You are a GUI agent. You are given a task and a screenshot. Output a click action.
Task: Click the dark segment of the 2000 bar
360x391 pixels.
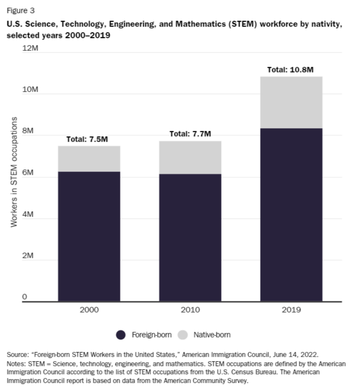(x=89, y=236)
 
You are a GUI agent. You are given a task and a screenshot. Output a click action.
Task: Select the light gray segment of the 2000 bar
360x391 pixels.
(x=89, y=159)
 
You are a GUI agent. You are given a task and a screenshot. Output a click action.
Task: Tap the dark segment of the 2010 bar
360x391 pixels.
(x=190, y=237)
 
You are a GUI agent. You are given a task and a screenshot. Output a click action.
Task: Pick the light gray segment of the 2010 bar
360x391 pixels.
(x=190, y=157)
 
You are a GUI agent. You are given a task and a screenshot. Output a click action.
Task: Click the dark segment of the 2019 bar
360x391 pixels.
(x=291, y=215)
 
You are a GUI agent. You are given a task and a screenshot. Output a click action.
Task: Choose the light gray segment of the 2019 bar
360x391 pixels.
(x=291, y=102)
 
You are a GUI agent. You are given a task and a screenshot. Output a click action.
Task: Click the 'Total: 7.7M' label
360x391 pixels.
(x=190, y=134)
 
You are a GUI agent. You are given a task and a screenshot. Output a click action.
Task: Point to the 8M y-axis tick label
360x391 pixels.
(x=28, y=131)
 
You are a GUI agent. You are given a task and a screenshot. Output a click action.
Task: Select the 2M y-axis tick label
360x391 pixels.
(x=28, y=255)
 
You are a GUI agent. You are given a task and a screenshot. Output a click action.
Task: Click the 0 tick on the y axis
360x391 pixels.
(x=24, y=297)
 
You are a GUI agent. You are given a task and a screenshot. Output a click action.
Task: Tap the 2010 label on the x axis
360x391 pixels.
(x=190, y=310)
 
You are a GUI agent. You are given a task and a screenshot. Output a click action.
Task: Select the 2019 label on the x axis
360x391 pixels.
(x=291, y=310)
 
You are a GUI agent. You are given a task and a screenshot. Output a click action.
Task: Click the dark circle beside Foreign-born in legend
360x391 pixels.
(x=121, y=335)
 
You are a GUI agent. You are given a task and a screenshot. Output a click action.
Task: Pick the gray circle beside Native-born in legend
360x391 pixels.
(x=182, y=335)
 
